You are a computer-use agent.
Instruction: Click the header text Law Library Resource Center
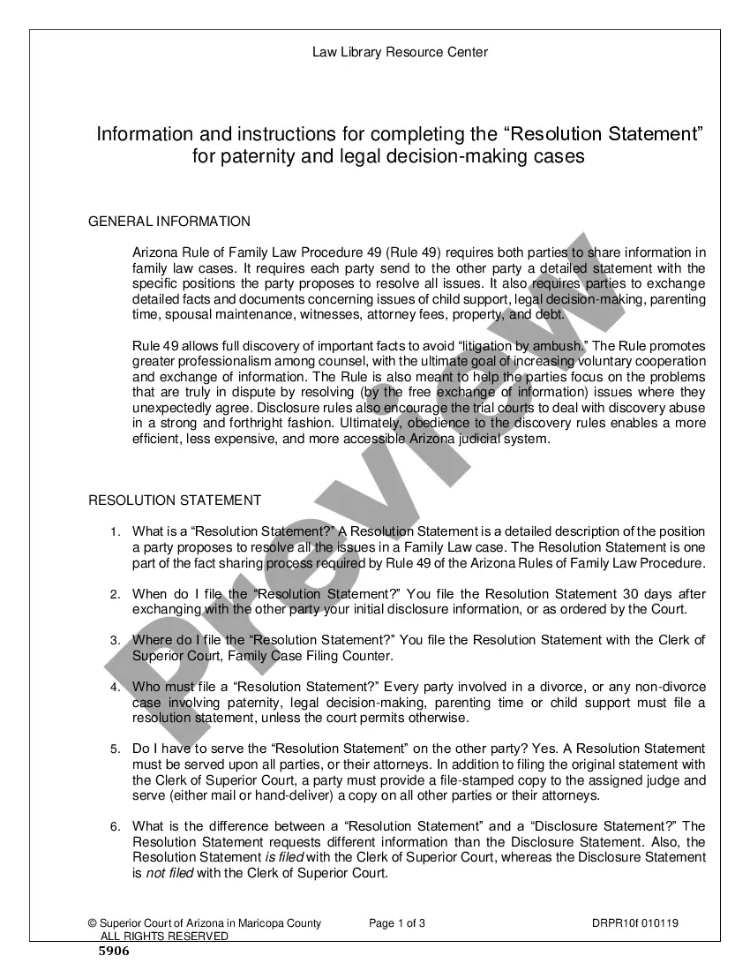click(400, 52)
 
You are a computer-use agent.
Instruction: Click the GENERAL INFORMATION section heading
click(169, 222)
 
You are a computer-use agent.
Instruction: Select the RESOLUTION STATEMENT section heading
click(175, 501)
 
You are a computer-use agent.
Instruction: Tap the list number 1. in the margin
click(115, 531)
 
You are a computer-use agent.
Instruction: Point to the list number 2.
click(115, 595)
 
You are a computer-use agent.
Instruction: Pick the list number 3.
click(115, 641)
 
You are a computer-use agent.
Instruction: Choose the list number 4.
click(115, 687)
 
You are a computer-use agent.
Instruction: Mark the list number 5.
click(115, 749)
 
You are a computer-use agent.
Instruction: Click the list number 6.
click(115, 827)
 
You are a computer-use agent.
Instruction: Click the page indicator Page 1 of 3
click(397, 924)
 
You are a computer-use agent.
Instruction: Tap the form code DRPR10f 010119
click(635, 924)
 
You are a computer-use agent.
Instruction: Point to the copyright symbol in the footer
click(92, 924)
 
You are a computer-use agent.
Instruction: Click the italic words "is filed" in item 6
click(284, 858)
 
